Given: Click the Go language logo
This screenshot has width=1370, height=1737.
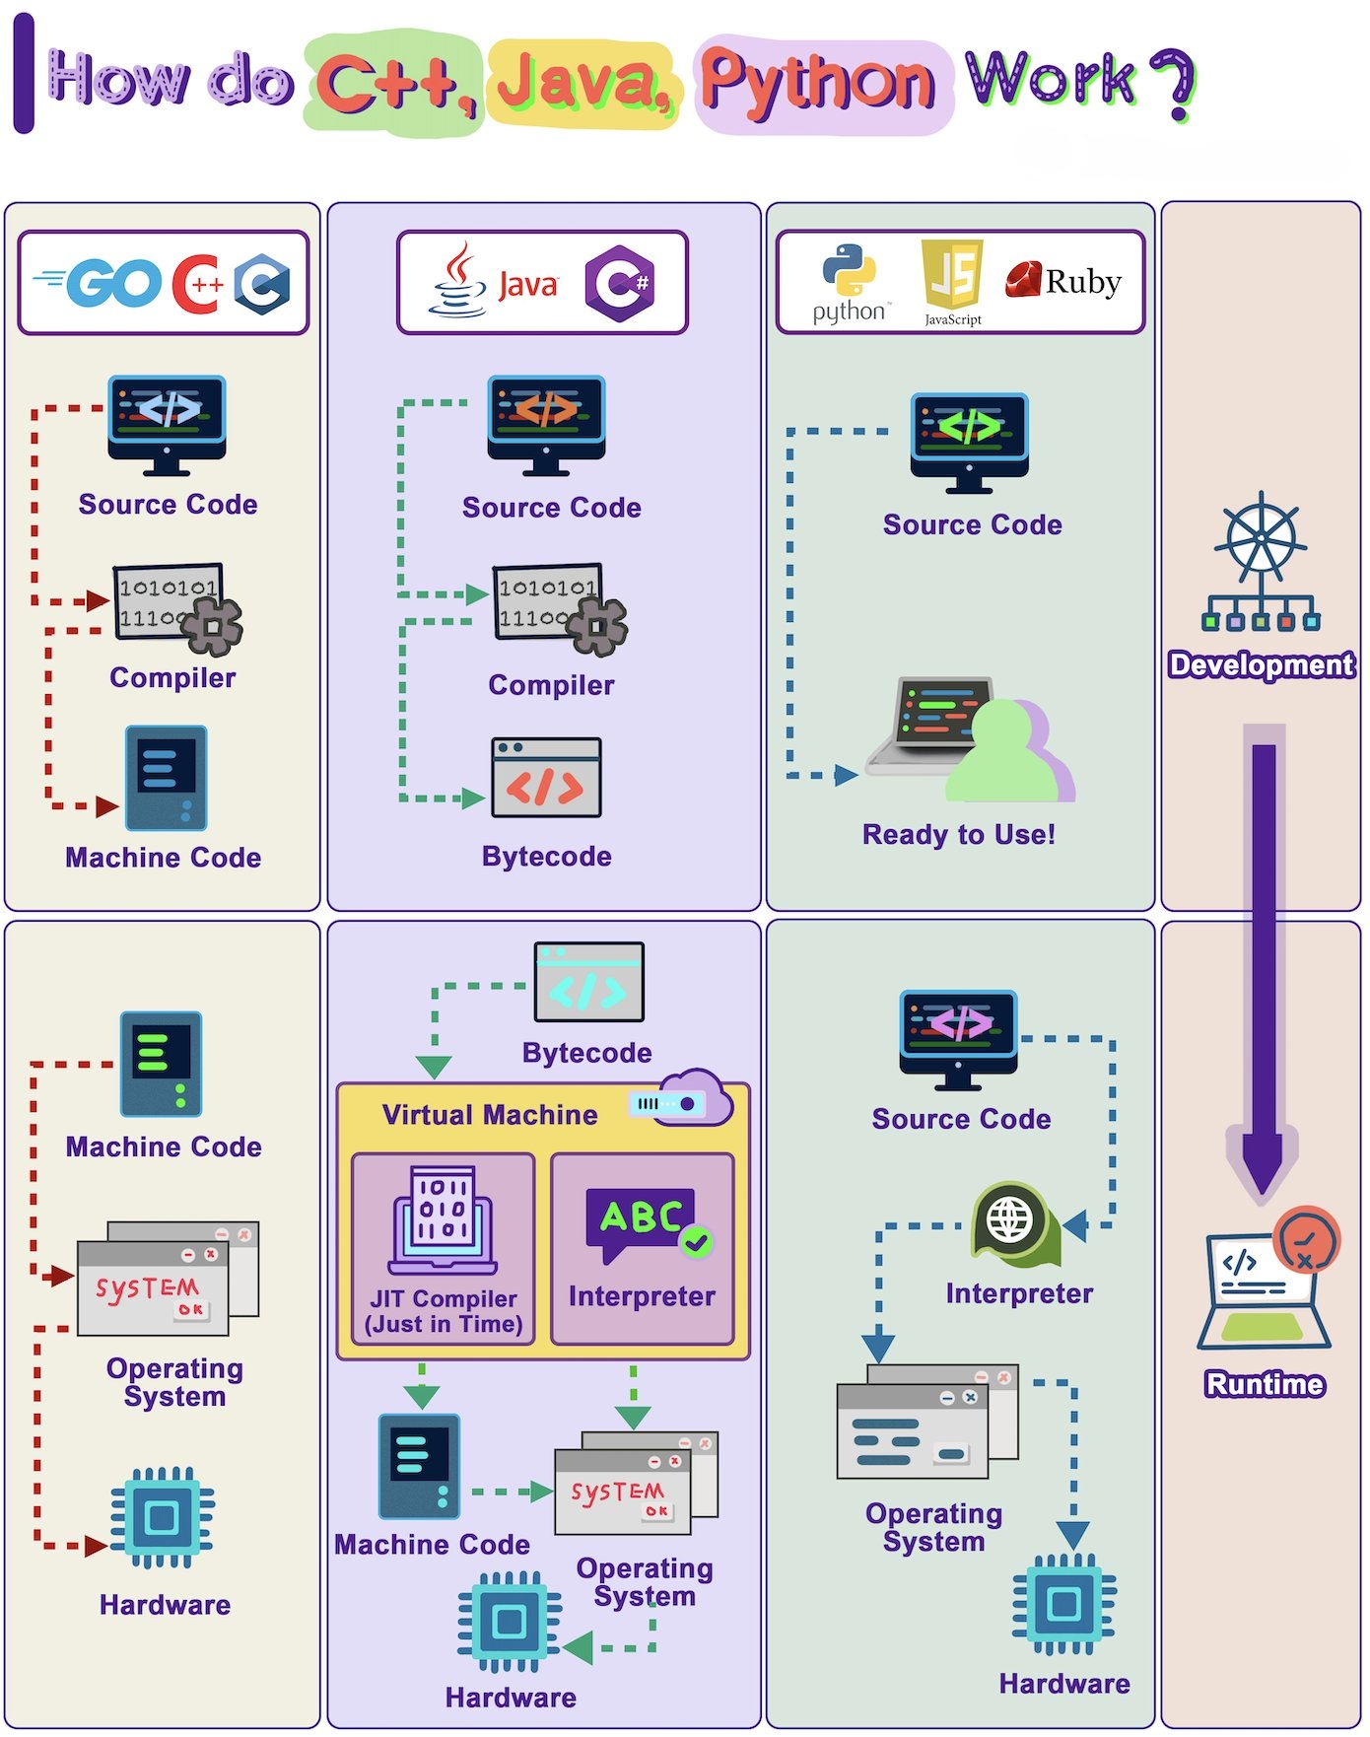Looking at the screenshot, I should [99, 284].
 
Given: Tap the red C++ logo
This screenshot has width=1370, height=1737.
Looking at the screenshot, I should [197, 284].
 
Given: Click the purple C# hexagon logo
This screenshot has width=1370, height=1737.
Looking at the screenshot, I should [619, 284].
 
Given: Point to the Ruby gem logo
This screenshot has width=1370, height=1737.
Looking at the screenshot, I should [1023, 279].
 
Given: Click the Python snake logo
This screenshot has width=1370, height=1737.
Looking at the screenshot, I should [849, 271].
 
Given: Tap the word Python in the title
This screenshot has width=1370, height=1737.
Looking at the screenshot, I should [818, 83].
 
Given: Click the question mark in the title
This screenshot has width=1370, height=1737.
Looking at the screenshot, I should [1173, 83].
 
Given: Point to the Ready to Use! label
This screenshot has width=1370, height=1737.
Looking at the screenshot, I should [958, 835].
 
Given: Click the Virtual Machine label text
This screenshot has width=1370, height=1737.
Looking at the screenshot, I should [490, 1115].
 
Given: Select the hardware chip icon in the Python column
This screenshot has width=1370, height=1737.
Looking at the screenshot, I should [1063, 1604].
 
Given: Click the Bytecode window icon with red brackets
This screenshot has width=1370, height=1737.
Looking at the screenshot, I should [546, 779].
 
